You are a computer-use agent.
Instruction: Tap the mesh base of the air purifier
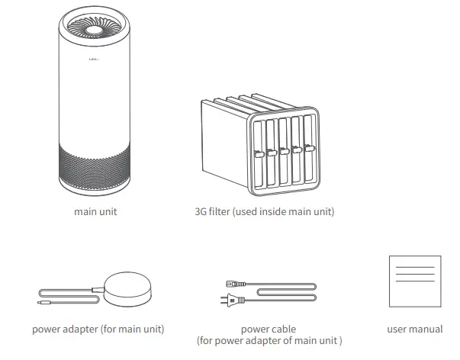point(93,162)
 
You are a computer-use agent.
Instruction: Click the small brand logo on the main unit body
point(93,58)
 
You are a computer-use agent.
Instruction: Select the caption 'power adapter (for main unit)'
point(98,329)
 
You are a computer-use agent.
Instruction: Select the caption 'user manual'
point(414,329)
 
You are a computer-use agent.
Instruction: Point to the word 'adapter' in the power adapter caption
point(80,329)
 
